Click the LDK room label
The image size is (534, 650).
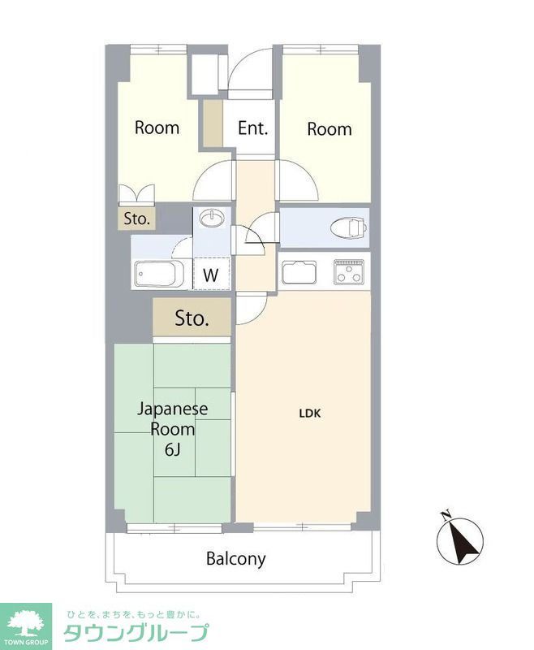point(310,413)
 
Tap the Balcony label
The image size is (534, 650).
point(235,559)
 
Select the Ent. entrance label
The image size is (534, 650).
point(252,128)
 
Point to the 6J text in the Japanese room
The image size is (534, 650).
point(172,448)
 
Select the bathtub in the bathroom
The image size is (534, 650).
point(157,274)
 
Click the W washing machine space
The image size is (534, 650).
point(211,275)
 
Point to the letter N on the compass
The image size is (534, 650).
point(445,514)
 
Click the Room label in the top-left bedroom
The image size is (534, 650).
point(157,128)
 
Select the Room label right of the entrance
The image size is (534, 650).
point(329,128)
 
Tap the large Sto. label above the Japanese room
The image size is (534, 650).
point(192,318)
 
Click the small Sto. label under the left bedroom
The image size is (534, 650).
point(136,219)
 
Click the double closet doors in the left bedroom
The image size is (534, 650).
point(136,195)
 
